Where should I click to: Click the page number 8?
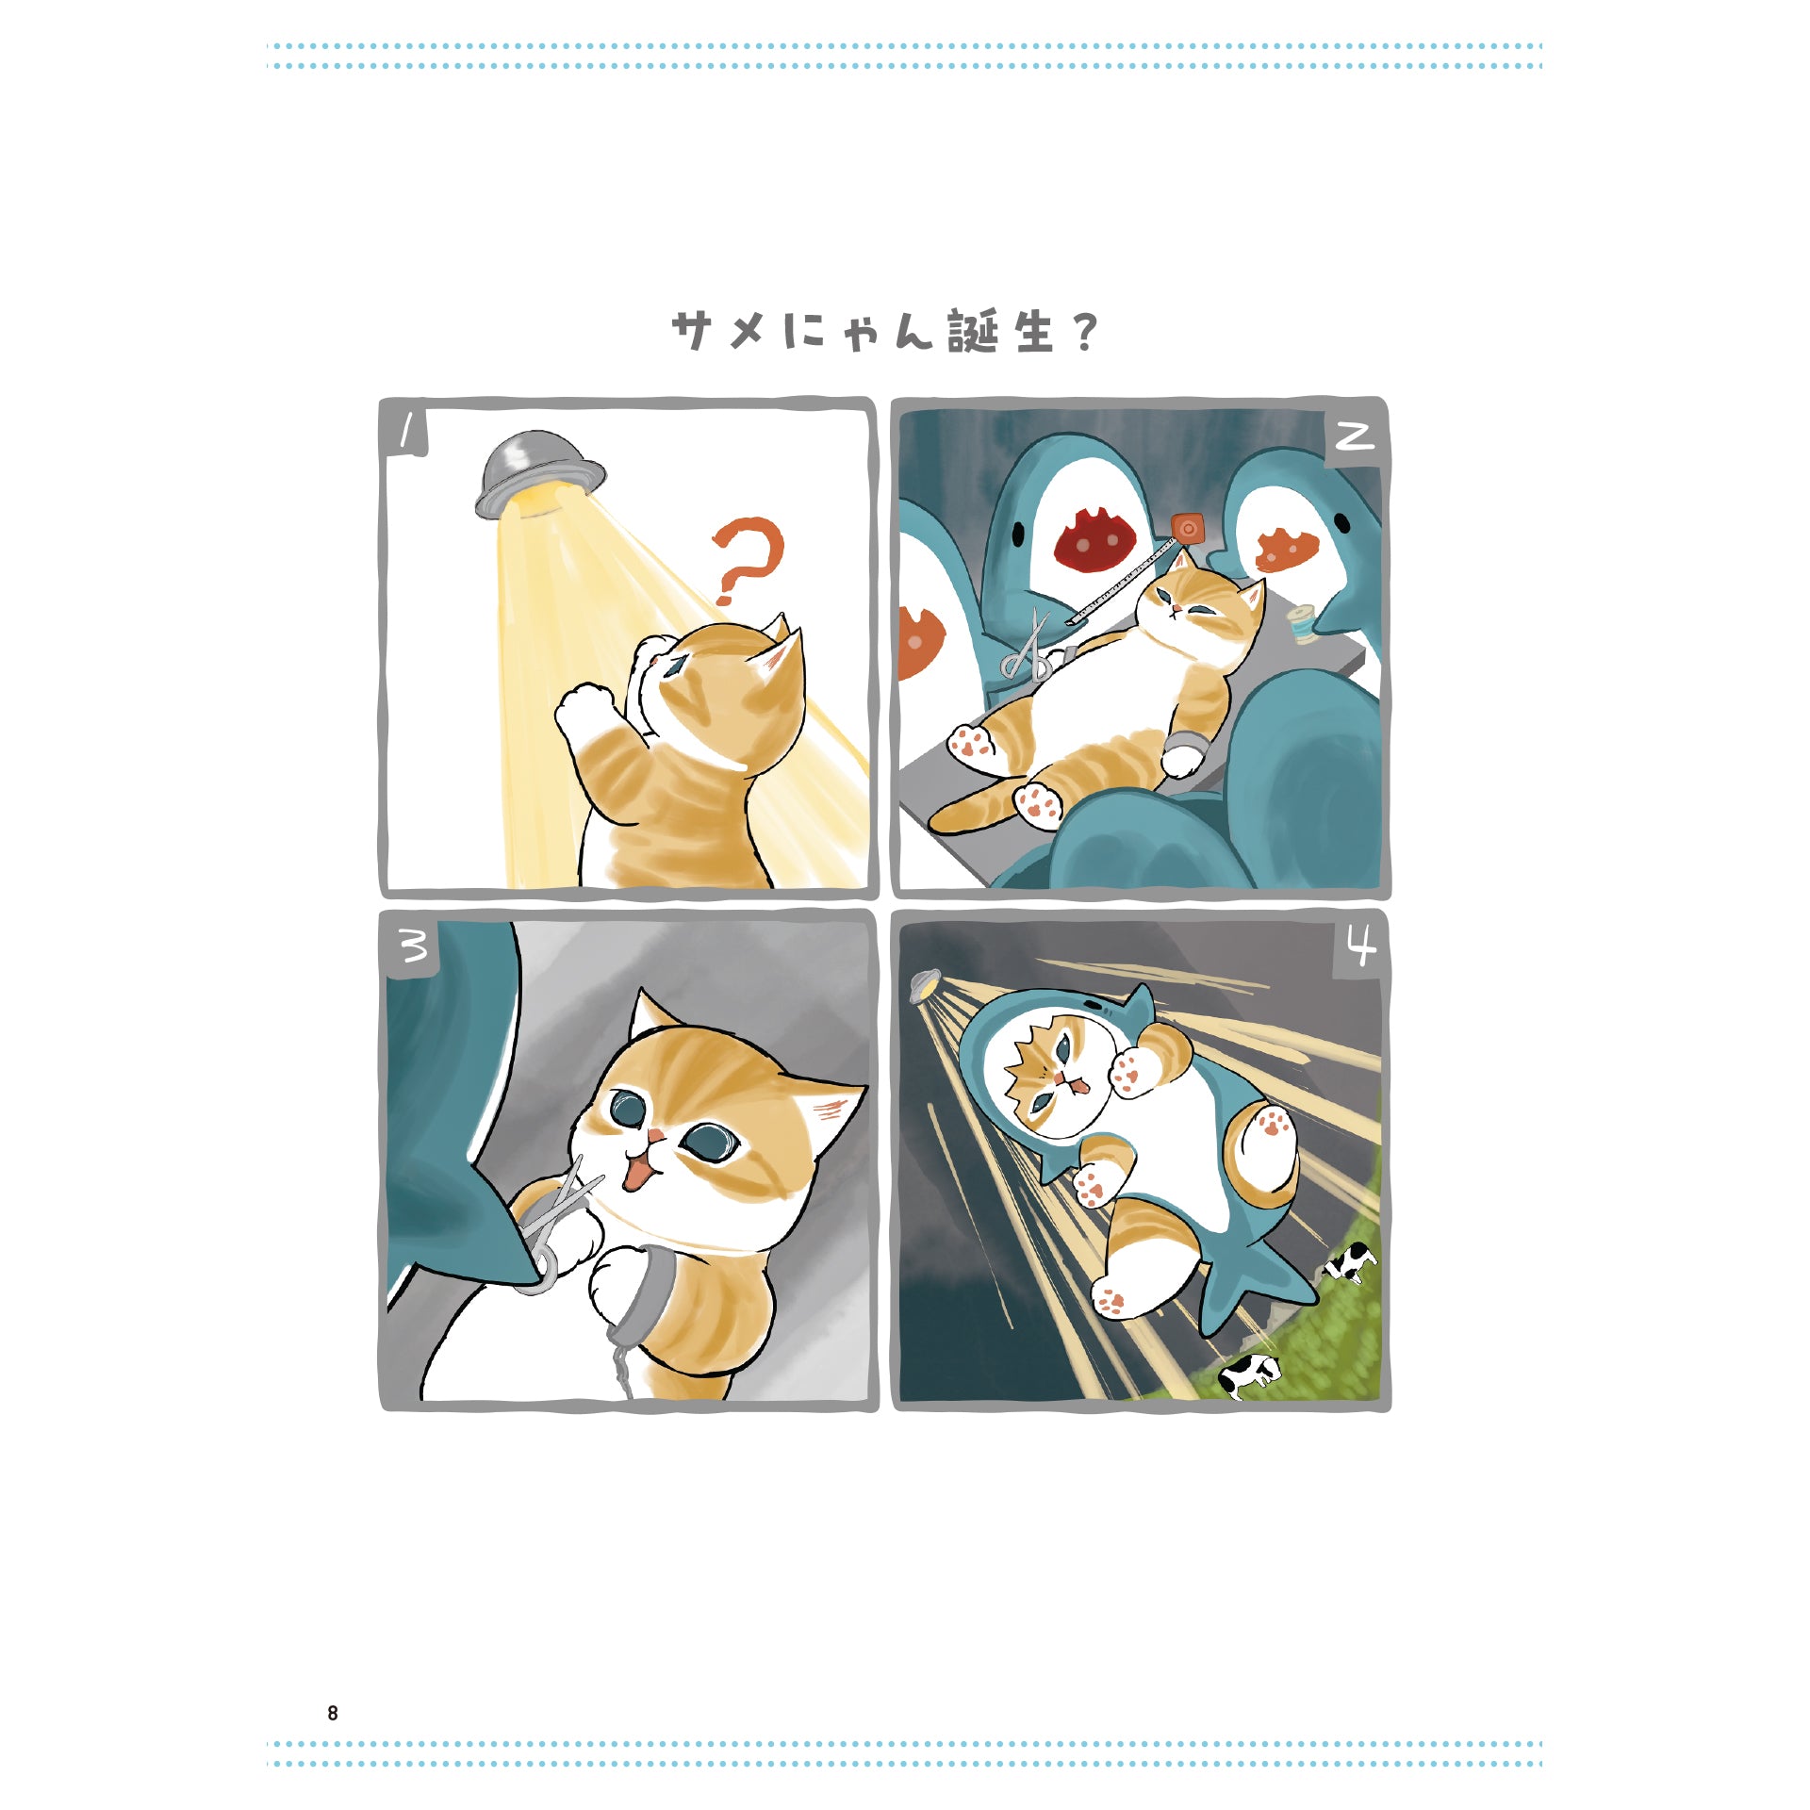coord(332,1713)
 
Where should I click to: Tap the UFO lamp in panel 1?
coord(539,475)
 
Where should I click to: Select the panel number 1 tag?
coord(405,432)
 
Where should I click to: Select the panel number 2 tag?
coord(1356,436)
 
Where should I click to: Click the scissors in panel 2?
coord(1029,651)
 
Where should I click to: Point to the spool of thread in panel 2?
coord(1304,623)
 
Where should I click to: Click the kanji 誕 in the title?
coord(973,331)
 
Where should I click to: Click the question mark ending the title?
coord(1086,332)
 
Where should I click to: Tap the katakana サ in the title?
coord(691,331)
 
